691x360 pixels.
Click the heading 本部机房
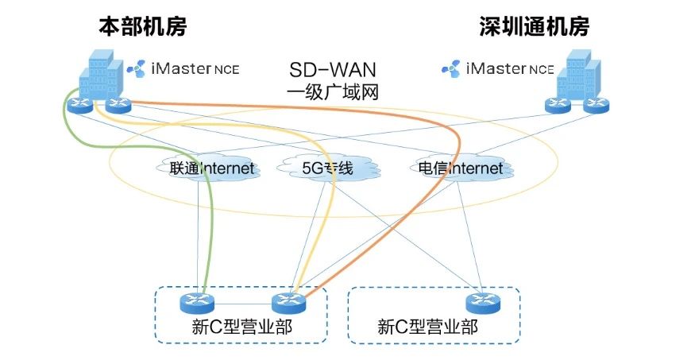143,26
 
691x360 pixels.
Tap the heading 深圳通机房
534,26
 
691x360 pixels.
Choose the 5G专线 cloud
326,168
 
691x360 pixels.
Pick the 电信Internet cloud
460,168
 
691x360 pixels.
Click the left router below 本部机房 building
79,105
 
